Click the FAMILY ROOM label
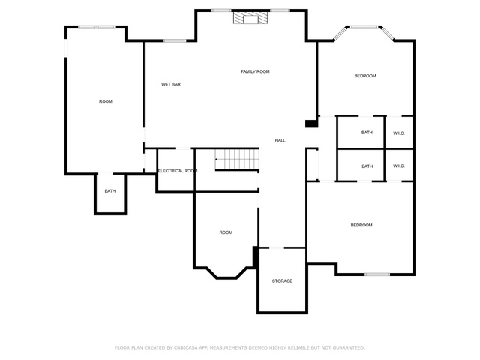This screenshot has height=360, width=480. (255, 71)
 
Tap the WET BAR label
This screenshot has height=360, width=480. (171, 84)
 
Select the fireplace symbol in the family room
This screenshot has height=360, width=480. (250, 18)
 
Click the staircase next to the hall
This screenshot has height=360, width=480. (237, 159)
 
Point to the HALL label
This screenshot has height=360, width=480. (280, 140)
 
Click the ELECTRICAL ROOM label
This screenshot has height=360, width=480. (178, 171)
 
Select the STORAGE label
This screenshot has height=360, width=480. (282, 280)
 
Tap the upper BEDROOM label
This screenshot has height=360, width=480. (365, 76)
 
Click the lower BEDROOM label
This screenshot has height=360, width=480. (361, 225)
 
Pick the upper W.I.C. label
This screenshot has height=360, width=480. (399, 133)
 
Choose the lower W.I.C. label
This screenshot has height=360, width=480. (399, 166)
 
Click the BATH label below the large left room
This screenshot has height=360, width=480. (110, 191)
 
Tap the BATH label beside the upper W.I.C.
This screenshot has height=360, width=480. (367, 133)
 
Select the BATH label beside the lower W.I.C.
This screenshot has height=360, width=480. (367, 166)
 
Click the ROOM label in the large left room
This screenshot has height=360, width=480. (106, 101)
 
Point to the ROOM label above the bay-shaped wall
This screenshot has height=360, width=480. (226, 232)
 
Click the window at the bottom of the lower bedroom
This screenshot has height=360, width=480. (377, 274)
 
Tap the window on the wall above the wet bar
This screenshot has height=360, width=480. (174, 40)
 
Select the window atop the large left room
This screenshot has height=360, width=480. (97, 27)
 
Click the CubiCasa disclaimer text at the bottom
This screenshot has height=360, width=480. (240, 347)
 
